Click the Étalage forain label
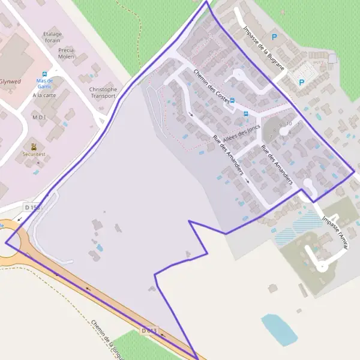coord(53,37)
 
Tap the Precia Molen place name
coord(66,53)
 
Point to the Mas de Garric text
coord(44,83)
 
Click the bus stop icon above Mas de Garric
coord(44,74)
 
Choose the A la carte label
coord(44,95)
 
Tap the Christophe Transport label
coord(103,92)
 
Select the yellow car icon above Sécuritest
coord(33,146)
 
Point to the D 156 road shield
coord(32,207)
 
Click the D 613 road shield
coord(149,331)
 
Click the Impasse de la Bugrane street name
coord(263,48)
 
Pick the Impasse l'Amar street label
coord(335,230)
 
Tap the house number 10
coord(289,124)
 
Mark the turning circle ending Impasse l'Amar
coord(323,265)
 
